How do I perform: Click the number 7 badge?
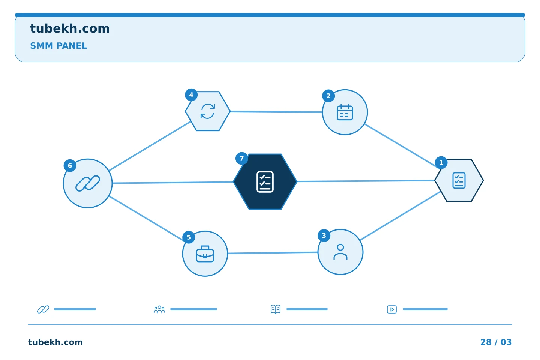tap(241, 159)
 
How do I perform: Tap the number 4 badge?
tap(191, 95)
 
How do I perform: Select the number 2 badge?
tap(328, 96)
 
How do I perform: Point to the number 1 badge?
tap(441, 163)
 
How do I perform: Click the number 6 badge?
tap(70, 166)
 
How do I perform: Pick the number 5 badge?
tap(189, 237)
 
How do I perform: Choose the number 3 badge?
tap(324, 235)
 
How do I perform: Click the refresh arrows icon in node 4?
tap(208, 111)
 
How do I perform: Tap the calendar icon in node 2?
tap(345, 112)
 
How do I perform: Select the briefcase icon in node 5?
tap(205, 254)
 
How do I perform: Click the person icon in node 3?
tap(340, 252)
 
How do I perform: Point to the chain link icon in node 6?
tap(88, 183)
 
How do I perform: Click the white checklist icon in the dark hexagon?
tap(265, 182)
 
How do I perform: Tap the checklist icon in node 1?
tap(459, 180)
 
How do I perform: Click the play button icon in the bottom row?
tap(392, 309)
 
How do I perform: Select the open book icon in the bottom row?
tap(276, 309)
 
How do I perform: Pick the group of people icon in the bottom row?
tap(159, 309)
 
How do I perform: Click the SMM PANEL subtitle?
tap(58, 46)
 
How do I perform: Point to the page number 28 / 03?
tap(496, 342)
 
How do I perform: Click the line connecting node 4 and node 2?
tap(276, 112)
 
